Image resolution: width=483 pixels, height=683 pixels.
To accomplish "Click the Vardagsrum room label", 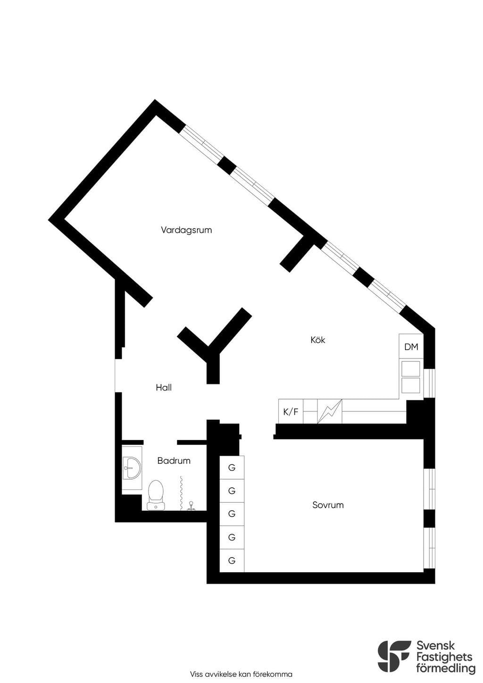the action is tap(186, 230).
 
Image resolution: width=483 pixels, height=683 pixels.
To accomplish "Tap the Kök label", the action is tap(318, 340).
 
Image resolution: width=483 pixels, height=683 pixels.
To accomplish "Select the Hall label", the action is tap(164, 388).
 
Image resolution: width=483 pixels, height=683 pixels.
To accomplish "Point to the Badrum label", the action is tap(174, 460).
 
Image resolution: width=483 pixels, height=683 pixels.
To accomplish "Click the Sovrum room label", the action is tap(328, 505).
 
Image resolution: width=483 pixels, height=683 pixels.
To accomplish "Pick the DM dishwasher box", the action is tap(411, 347).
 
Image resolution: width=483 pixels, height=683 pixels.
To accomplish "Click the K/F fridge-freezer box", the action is tap(291, 412).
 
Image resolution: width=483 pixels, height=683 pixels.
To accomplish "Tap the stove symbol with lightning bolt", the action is tap(330, 411).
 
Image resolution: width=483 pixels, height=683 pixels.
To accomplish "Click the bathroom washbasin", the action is tap(132, 467).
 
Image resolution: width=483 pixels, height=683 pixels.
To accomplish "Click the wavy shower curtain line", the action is tap(182, 493).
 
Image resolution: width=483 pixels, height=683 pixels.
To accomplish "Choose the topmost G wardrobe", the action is tap(232, 467).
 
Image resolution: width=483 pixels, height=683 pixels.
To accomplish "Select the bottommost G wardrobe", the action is tap(232, 560).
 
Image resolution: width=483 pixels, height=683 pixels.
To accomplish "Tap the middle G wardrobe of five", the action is tap(232, 514).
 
